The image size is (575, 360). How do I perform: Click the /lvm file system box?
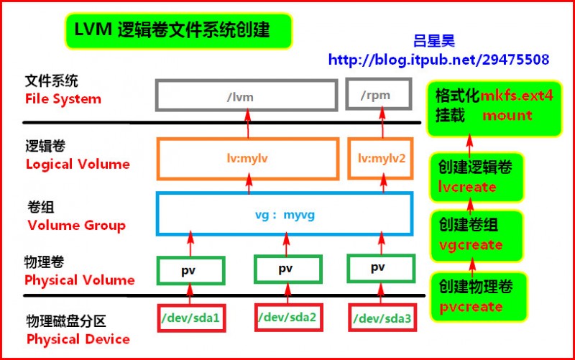click(x=247, y=95)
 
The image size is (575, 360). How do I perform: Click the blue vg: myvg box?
click(x=285, y=214)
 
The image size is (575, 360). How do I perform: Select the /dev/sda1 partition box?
click(x=190, y=317)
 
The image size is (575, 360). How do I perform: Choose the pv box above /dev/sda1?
click(x=190, y=269)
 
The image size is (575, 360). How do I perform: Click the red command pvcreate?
click(x=471, y=306)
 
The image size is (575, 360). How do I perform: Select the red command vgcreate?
click(x=470, y=244)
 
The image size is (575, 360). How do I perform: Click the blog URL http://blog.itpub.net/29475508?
click(x=438, y=60)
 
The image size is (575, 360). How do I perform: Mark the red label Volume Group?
click(x=76, y=225)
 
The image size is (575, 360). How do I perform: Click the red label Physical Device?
click(x=78, y=338)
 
